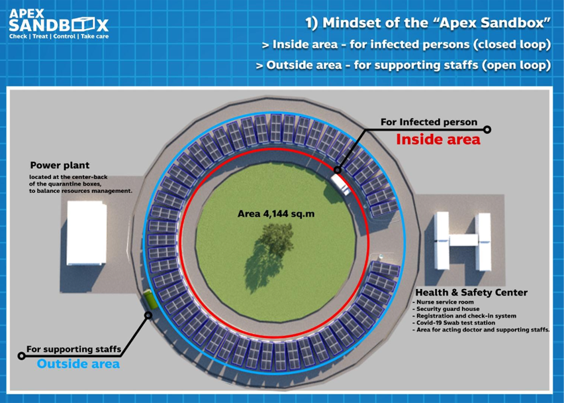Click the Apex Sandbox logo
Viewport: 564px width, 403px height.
click(59, 24)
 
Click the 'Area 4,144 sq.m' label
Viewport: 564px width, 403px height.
click(276, 214)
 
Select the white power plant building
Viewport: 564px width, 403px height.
click(87, 233)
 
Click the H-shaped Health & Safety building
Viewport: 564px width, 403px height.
click(463, 241)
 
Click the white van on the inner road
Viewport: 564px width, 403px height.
click(340, 184)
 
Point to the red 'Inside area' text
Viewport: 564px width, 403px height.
click(438, 139)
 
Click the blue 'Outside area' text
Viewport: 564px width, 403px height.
click(78, 364)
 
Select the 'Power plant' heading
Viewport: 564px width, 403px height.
click(60, 165)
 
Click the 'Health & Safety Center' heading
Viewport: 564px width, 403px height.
click(471, 292)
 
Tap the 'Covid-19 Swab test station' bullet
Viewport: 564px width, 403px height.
click(454, 323)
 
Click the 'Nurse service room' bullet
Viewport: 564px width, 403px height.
click(443, 302)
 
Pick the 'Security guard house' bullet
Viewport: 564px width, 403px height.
click(446, 309)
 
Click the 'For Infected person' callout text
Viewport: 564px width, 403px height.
click(429, 122)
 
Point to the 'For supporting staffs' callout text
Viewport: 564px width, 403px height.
click(73, 349)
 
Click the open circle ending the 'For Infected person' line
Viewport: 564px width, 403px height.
click(487, 130)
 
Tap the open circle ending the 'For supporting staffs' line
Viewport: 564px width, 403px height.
click(22, 356)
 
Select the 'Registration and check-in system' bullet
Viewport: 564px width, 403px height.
click(464, 316)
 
